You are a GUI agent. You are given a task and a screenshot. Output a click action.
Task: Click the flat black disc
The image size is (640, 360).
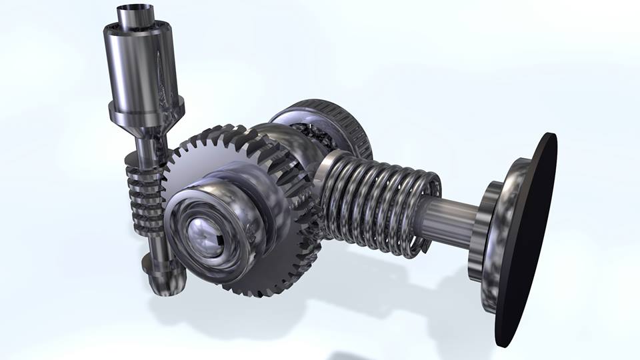527,240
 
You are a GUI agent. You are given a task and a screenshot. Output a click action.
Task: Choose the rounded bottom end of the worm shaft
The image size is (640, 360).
160,280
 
